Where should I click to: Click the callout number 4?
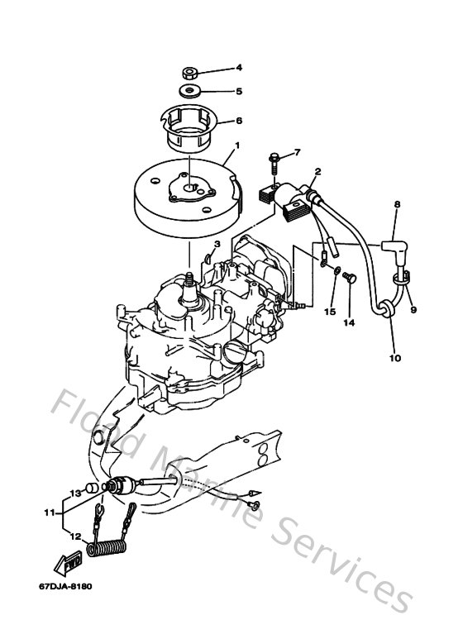(239, 67)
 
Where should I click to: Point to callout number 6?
(239, 120)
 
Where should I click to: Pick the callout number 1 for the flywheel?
(237, 145)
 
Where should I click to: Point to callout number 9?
(414, 310)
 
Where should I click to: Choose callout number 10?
(394, 358)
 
